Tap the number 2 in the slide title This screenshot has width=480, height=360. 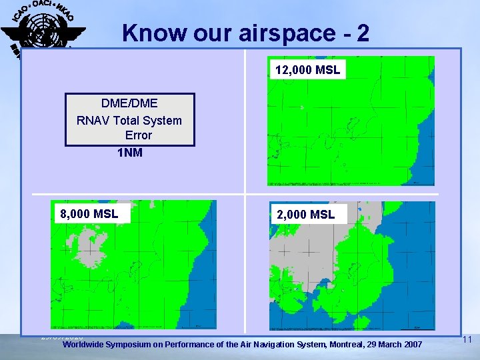[x=362, y=33]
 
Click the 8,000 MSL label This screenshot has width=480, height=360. [x=89, y=213]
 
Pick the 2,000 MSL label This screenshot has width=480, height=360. [x=306, y=214]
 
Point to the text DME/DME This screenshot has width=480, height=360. [x=129, y=103]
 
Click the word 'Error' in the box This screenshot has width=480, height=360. [x=138, y=135]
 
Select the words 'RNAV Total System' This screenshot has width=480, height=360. [x=129, y=120]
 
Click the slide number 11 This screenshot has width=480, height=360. [x=467, y=340]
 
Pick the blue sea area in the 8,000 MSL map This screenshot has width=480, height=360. [x=200, y=293]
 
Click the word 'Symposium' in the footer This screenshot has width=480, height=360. [x=143, y=344]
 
